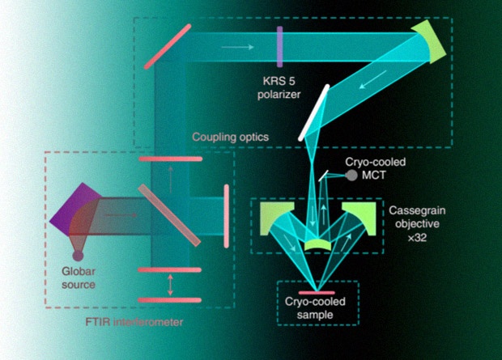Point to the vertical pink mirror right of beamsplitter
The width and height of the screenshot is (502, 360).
224,212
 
